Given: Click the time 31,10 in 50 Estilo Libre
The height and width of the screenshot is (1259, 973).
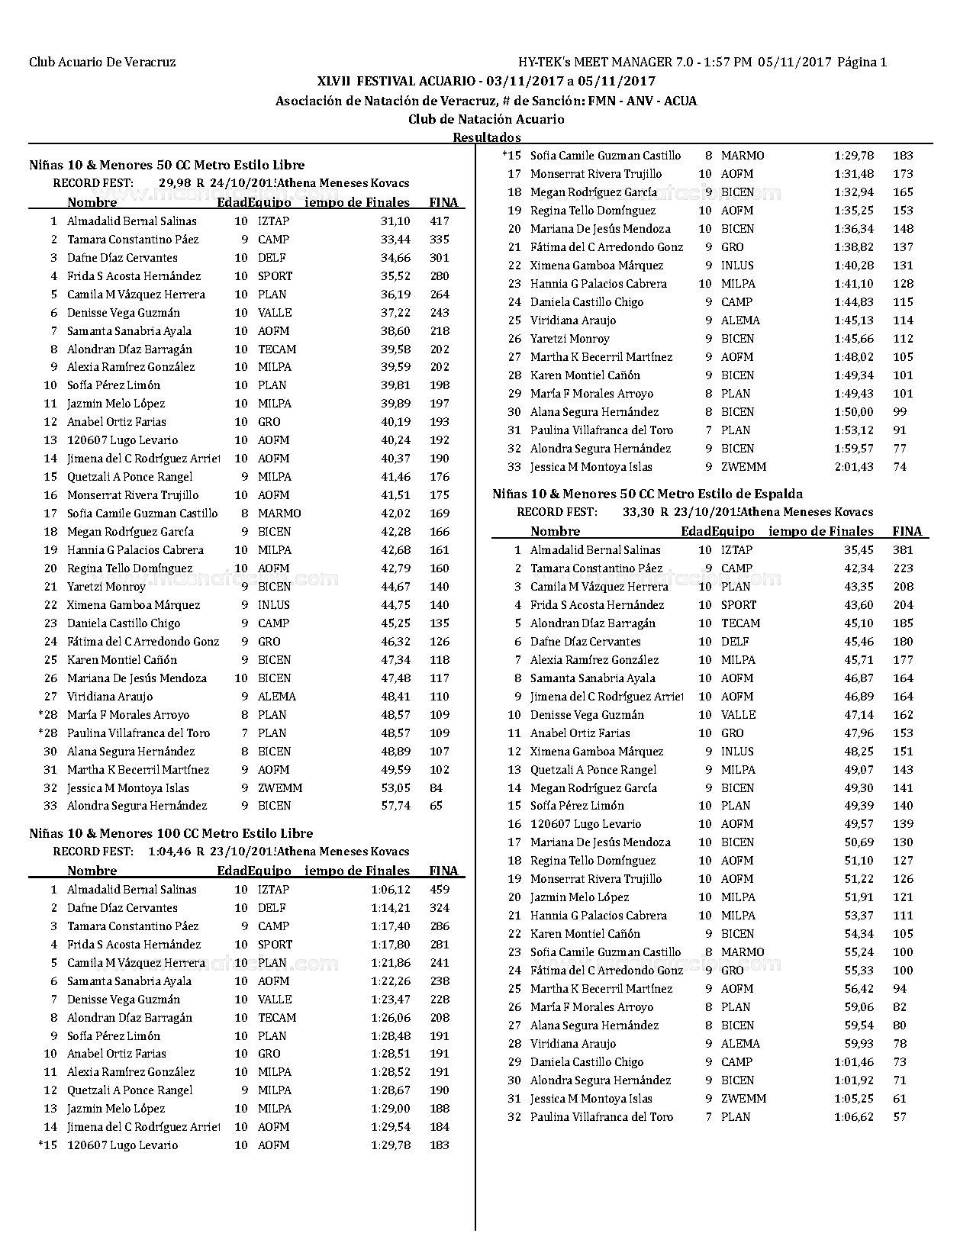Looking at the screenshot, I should click(x=395, y=221).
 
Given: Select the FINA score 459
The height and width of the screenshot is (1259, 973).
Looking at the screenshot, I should click(x=439, y=890).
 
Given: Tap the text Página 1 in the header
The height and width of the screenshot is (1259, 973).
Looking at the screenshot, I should click(x=862, y=63).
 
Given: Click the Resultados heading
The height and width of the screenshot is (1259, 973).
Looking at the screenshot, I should click(x=486, y=137).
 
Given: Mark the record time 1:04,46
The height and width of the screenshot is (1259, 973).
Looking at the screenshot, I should click(x=169, y=852).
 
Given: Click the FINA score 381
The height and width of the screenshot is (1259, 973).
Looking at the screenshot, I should click(x=903, y=550).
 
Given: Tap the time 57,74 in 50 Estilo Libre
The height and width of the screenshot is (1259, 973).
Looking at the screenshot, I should click(x=395, y=806).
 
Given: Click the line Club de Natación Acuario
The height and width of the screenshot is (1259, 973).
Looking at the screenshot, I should click(x=486, y=119).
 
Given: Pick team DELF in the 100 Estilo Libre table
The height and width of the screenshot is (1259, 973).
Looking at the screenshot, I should click(x=272, y=908).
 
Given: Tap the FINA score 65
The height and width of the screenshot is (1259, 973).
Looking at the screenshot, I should click(x=436, y=806).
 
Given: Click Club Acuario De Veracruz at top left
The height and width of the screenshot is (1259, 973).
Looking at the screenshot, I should click(x=102, y=63).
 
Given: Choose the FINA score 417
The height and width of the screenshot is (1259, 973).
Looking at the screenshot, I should click(x=439, y=221).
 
